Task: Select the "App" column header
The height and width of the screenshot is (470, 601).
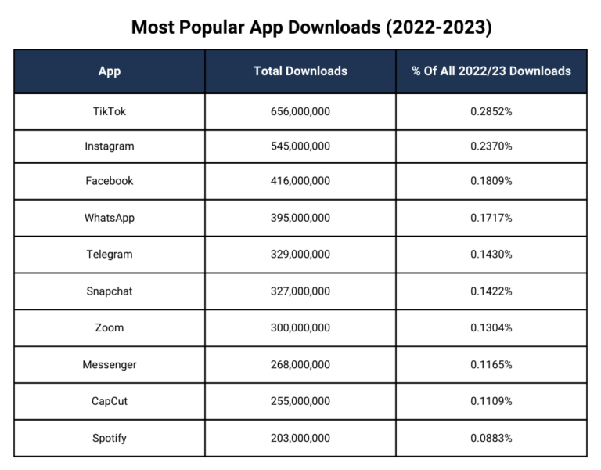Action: (110, 71)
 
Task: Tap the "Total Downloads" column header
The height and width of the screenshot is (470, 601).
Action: (300, 71)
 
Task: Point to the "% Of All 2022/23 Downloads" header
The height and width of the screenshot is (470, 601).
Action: (491, 71)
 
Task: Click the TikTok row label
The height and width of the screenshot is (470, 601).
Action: (110, 111)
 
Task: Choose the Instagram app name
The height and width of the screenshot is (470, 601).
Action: (110, 146)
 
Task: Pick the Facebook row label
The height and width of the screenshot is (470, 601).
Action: (110, 181)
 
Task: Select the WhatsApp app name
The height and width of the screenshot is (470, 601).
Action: (110, 218)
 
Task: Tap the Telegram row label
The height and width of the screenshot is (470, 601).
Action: (110, 255)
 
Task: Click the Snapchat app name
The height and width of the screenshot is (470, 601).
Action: (110, 291)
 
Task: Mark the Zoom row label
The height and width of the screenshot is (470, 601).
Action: (110, 327)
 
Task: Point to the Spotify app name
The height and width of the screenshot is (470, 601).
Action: (110, 438)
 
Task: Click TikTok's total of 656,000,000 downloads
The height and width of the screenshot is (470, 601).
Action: (300, 111)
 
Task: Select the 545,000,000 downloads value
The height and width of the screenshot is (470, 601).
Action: (300, 146)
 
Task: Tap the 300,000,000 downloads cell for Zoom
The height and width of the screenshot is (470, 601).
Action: (300, 327)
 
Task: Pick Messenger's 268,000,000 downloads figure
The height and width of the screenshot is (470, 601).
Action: (300, 364)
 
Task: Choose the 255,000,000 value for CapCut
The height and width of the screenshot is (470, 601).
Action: (300, 401)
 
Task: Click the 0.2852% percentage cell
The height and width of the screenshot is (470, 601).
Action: (491, 111)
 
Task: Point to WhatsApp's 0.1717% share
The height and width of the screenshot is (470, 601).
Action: (491, 218)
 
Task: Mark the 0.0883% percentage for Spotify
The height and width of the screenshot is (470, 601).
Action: (491, 438)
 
